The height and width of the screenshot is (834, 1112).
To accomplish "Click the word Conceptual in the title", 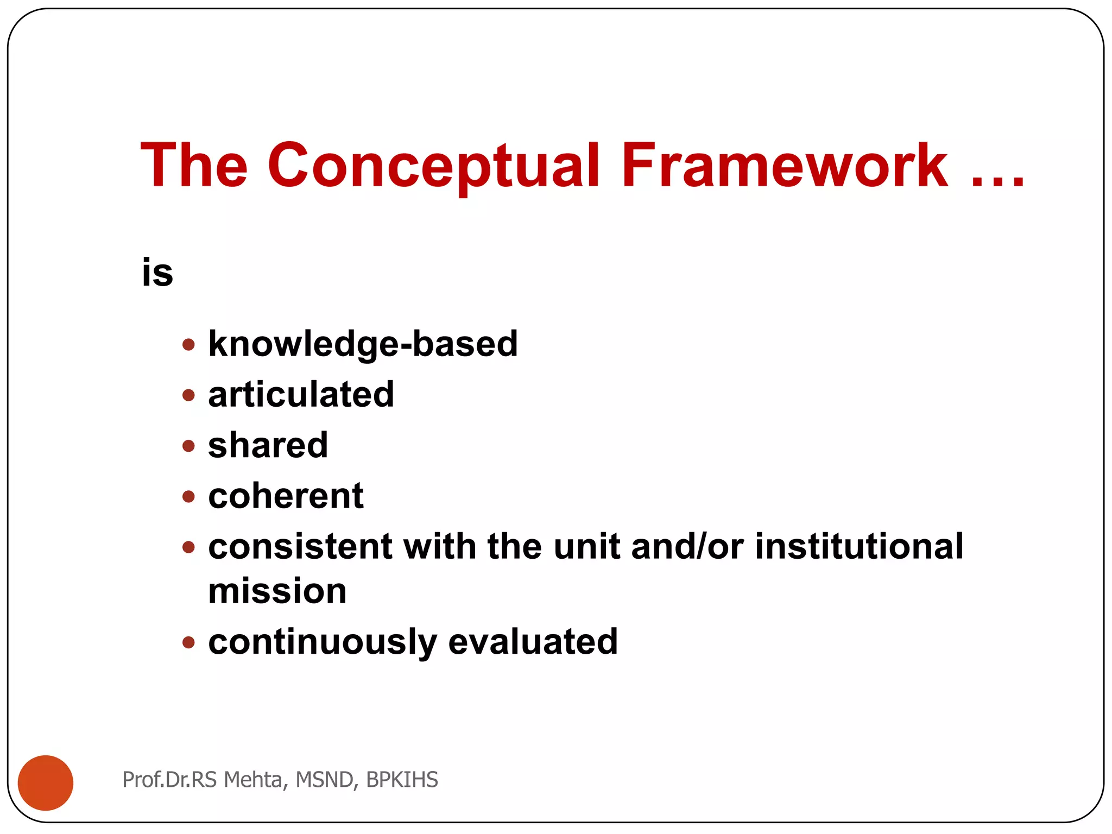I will (433, 166).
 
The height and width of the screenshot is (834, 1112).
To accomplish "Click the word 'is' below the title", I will (157, 273).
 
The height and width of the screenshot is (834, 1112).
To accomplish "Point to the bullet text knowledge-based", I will (363, 344).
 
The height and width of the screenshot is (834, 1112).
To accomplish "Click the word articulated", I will (301, 395).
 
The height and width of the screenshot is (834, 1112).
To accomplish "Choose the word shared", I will (268, 445).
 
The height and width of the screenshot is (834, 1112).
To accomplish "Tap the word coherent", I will (286, 496).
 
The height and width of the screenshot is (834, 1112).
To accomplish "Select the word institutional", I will (859, 546).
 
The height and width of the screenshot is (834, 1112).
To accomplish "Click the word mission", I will (277, 591).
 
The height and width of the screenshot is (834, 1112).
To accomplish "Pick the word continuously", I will (323, 642).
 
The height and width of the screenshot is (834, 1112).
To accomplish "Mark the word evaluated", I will (533, 642).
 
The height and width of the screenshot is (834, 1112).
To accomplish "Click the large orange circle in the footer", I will (46, 782).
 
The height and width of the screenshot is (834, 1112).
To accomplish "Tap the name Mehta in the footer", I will (252, 780).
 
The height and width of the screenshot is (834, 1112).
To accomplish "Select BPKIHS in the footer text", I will (402, 780).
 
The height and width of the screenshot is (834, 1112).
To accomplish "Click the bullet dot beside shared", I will (188, 446).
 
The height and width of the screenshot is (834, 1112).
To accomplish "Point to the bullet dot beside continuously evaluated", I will (188, 643).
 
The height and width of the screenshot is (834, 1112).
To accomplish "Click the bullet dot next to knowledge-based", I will (188, 344).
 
